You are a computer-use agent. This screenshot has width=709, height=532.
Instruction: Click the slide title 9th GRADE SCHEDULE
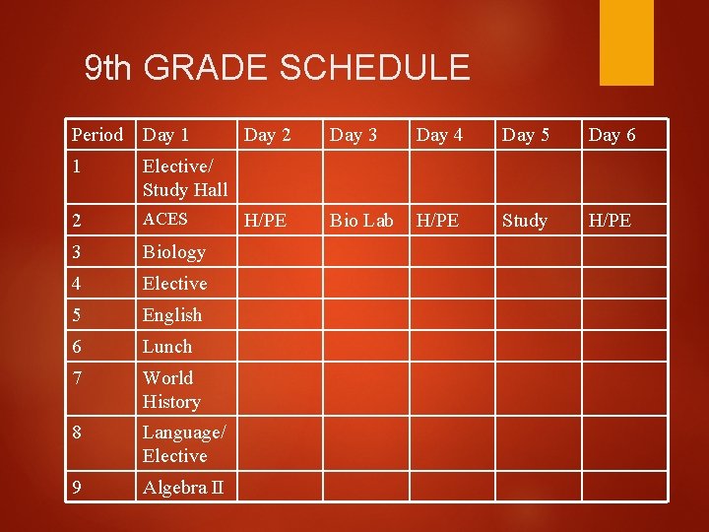point(278,68)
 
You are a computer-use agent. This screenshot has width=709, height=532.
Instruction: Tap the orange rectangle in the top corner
point(627,41)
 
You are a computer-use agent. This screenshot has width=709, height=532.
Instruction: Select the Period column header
point(97,134)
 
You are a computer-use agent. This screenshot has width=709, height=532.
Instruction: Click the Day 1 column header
point(165,134)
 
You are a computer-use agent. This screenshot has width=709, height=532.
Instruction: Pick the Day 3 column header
point(353,134)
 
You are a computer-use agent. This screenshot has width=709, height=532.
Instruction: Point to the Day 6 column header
point(612,134)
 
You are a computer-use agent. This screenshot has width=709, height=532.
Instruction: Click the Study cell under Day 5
point(525,220)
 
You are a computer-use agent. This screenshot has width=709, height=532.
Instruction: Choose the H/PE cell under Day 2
point(265,220)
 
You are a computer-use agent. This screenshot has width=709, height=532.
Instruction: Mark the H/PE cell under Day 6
point(610,220)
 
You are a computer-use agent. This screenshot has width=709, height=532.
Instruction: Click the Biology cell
point(173,252)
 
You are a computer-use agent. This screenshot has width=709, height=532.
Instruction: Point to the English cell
point(172,315)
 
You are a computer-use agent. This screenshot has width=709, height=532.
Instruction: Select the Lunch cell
point(167,347)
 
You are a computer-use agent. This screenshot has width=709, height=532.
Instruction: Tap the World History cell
point(170,389)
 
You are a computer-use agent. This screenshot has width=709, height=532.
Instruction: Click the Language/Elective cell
point(184,443)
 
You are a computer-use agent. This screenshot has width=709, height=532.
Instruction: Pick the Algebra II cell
point(182,488)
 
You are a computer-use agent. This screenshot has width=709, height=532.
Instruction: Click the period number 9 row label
point(77,488)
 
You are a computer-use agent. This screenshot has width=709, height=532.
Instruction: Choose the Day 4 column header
point(439,134)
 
